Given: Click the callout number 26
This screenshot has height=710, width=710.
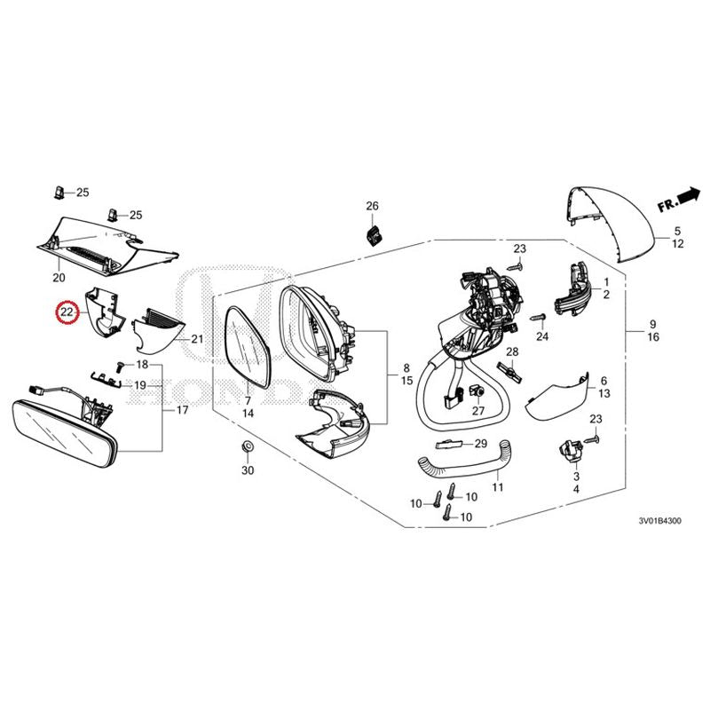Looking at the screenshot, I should (x=372, y=207).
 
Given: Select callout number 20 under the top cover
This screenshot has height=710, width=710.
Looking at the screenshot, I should (x=59, y=278).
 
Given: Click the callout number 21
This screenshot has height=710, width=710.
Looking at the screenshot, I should (x=197, y=339).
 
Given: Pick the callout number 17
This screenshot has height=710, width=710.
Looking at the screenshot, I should (x=183, y=410).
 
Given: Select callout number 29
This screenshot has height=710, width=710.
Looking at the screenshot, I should (x=480, y=443).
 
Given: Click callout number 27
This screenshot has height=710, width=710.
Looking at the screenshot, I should (x=478, y=411).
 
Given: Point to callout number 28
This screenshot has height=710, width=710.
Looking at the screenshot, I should (x=511, y=353).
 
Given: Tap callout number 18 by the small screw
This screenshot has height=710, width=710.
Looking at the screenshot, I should (x=142, y=366).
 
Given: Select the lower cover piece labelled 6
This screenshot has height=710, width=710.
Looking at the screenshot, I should (x=556, y=396).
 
